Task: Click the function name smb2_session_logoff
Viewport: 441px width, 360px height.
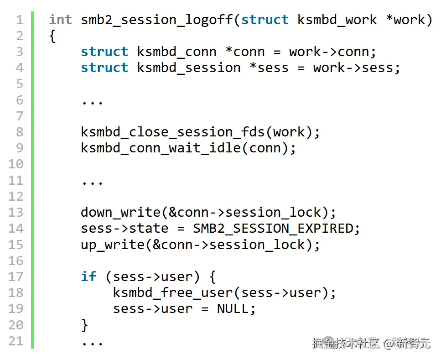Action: [x=156, y=20]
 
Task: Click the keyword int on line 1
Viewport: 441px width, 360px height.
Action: [x=60, y=20]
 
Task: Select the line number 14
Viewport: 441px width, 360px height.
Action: [x=16, y=228]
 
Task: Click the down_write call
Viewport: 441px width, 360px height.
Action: [x=120, y=213]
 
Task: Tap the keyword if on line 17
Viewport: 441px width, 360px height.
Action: [x=88, y=277]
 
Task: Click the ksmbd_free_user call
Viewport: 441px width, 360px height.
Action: [x=176, y=292]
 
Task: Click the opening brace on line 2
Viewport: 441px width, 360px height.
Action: [x=52, y=37]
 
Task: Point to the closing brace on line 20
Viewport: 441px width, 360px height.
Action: [x=84, y=325]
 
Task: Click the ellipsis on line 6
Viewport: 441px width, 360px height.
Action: [x=92, y=100]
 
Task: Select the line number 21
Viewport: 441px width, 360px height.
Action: [x=16, y=341]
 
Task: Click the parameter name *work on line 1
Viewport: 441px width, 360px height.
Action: [x=409, y=20]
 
